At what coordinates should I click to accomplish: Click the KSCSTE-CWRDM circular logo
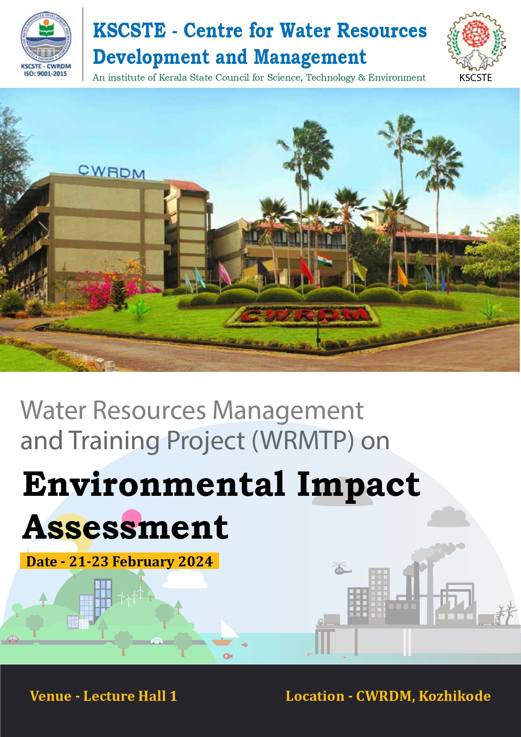coord(46,38)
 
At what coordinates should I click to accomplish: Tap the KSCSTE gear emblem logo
coord(476,41)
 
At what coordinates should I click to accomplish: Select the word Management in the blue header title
coord(310,57)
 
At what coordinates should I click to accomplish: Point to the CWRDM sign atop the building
coord(112,171)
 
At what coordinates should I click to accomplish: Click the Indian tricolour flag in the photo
coord(324,260)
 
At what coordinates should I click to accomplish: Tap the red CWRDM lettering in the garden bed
coord(302,315)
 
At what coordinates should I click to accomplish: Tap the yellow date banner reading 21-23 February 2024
coord(120,561)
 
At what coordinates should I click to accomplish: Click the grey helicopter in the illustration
coord(341,568)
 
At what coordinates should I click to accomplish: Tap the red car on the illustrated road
coord(13,639)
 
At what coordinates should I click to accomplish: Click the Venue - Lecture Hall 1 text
coord(104,696)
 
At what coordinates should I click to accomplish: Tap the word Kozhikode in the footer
coord(455,696)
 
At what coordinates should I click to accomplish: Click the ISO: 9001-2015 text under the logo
coord(46,74)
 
